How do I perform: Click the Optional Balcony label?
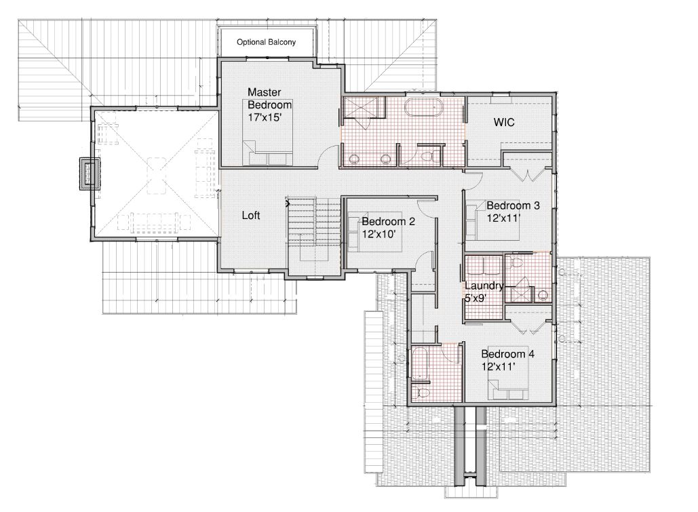tap(266, 42)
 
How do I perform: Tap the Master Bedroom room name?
tap(270, 98)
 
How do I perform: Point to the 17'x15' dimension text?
tap(265, 117)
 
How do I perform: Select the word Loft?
tap(251, 216)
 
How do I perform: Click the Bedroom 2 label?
tap(388, 221)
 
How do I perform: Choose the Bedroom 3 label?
tap(513, 205)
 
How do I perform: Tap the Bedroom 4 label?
tap(508, 354)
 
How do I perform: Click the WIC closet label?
tap(504, 122)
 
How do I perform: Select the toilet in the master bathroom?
tap(427, 155)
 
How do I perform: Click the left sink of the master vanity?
tap(355, 158)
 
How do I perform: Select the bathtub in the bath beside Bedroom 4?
tap(421, 364)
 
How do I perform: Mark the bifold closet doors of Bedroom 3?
tap(528, 176)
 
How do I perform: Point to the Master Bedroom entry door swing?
tap(328, 155)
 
